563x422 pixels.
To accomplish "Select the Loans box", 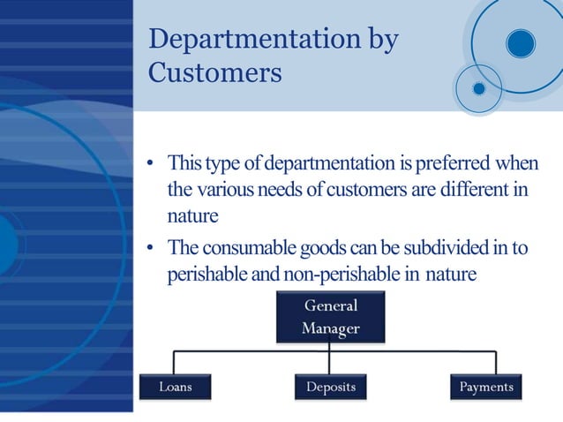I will (x=175, y=387).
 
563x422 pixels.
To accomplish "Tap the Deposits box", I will (x=330, y=387).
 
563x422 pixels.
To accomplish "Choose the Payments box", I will (x=485, y=387).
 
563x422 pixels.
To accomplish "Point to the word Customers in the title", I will (x=214, y=72).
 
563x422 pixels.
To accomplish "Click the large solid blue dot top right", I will (x=521, y=42).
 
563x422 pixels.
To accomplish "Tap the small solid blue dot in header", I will (x=479, y=88).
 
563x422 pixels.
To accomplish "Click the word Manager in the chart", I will (x=331, y=328).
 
